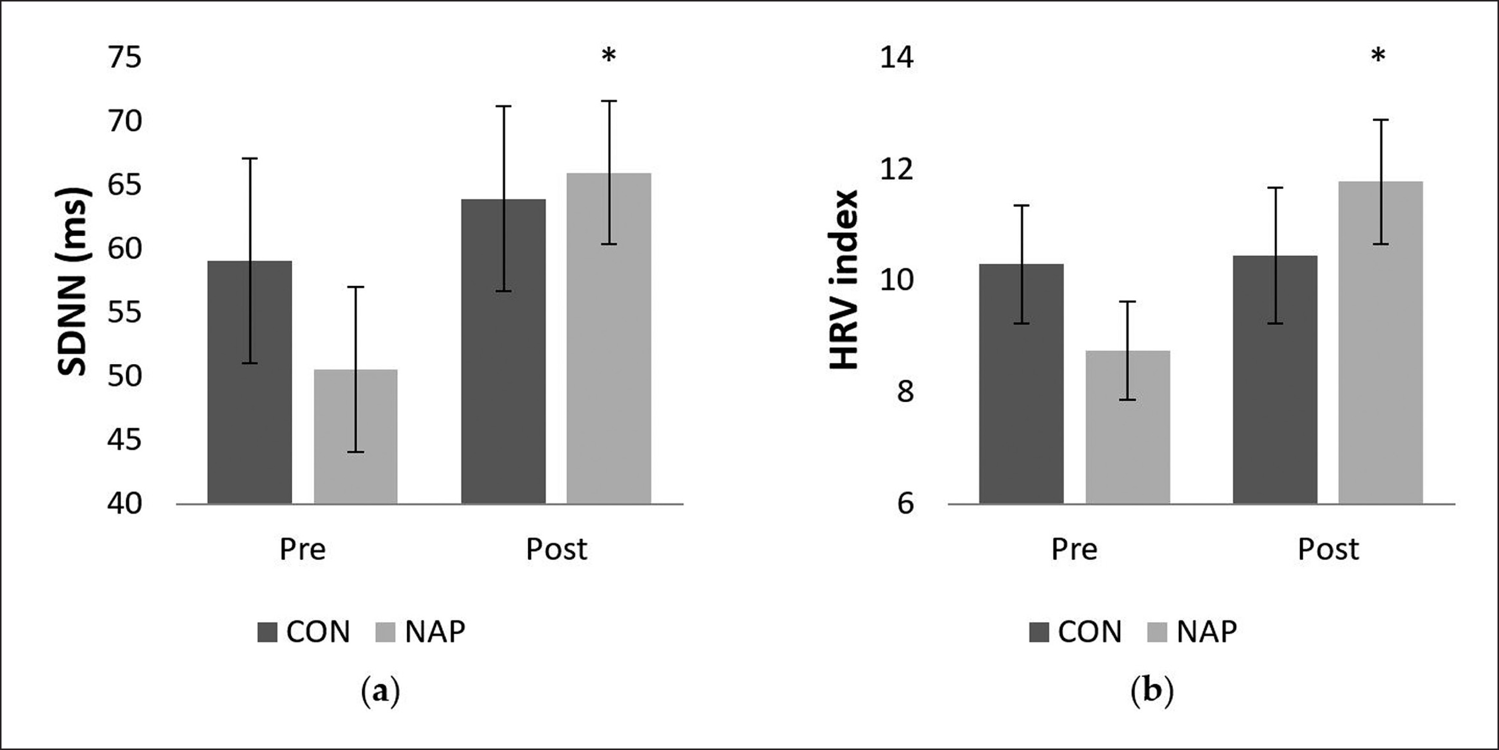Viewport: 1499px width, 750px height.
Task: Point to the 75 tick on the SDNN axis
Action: [x=124, y=58]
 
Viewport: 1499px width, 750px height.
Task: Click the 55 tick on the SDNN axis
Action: [x=124, y=313]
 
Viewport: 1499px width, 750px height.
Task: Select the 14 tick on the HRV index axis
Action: [x=896, y=58]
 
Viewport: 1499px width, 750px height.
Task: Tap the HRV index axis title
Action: [x=844, y=280]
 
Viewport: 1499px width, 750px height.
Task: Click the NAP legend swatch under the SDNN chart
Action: [x=383, y=632]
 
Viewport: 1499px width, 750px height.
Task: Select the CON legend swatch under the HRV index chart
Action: [x=1039, y=632]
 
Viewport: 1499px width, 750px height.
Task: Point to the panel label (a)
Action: [x=381, y=692]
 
